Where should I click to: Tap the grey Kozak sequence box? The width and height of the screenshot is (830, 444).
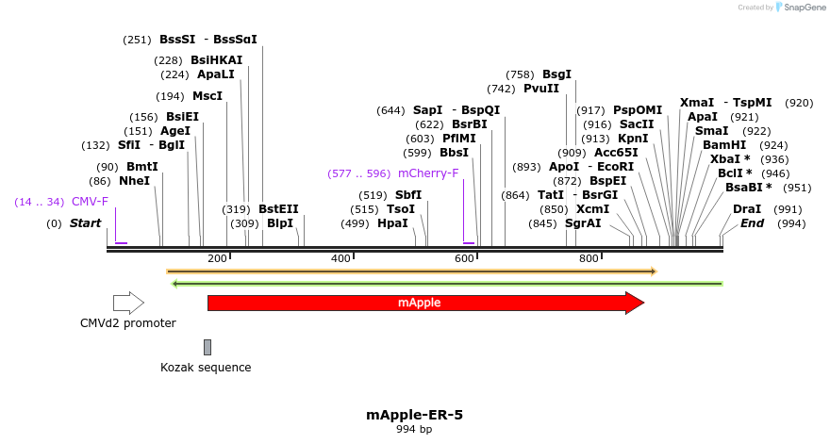pos(207,347)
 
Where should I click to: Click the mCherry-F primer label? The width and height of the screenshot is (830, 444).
pos(428,173)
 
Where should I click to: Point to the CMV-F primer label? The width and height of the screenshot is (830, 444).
pos(90,202)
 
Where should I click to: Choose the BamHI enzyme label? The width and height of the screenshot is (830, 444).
pos(724,145)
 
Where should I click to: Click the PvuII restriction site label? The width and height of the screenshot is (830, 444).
pos(541,89)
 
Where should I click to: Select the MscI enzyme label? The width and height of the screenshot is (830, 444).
pos(207,96)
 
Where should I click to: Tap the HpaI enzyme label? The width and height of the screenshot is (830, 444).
pos(392,223)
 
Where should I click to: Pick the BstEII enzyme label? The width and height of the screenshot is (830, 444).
pos(278,209)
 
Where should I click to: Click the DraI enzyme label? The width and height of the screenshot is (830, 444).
pos(747,209)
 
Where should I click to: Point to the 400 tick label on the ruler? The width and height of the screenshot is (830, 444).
pos(340,258)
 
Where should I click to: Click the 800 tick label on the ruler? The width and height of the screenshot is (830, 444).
pos(589,258)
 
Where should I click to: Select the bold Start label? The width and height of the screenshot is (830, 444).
pos(85,223)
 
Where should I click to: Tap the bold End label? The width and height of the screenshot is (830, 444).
pos(753,223)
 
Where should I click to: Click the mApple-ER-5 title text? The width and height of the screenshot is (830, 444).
pos(414,415)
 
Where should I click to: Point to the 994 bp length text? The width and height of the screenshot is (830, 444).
pos(414,430)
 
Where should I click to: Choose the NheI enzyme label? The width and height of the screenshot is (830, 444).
pos(134,181)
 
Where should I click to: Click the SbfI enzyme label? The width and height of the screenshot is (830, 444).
pos(408,195)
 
